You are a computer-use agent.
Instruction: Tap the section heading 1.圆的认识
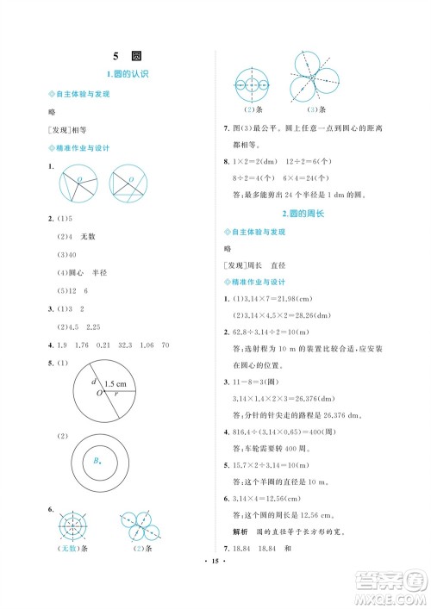click(x=128, y=74)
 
